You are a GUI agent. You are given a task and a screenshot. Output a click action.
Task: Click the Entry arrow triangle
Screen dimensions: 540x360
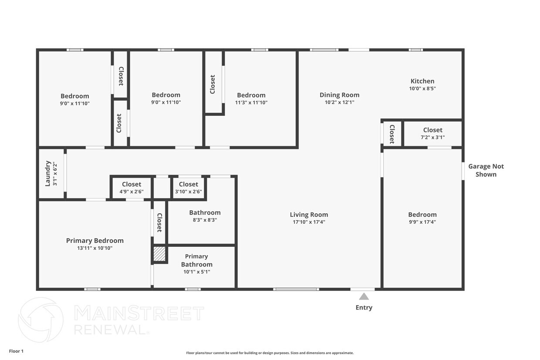click(364, 296)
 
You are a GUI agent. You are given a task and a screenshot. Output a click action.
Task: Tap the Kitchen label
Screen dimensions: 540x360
click(422, 81)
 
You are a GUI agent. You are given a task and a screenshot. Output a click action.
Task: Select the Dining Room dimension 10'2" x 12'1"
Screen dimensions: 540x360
click(339, 102)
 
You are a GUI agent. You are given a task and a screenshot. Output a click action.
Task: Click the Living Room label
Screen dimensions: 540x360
click(309, 215)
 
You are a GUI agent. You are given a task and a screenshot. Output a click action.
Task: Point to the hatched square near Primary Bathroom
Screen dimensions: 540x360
click(159, 254)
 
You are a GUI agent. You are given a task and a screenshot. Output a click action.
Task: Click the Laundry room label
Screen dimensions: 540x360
click(48, 174)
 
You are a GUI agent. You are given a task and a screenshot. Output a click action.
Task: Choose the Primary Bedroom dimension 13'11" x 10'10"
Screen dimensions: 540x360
click(95, 248)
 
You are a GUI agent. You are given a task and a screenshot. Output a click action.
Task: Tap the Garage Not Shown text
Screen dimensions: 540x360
click(486, 170)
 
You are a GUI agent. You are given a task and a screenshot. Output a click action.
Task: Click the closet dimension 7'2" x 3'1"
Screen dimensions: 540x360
click(433, 138)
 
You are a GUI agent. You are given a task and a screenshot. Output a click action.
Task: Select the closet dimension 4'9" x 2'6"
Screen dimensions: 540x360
click(132, 192)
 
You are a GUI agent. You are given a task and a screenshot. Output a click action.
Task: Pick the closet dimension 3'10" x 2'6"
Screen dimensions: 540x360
click(188, 192)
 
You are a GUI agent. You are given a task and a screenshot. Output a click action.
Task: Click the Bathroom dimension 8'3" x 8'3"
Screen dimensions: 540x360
click(205, 220)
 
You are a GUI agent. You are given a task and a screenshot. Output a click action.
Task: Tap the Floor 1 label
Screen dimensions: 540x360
click(16, 351)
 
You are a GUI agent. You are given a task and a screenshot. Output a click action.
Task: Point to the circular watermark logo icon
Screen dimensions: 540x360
click(41, 320)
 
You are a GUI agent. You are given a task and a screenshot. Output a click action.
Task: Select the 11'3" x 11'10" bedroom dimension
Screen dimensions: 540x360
click(251, 102)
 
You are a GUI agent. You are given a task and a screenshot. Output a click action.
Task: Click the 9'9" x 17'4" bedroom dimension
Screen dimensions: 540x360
click(422, 222)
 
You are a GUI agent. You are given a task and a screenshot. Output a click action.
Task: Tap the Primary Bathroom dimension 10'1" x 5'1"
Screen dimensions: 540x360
click(197, 272)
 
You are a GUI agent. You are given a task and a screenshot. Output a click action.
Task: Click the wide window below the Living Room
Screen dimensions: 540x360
click(296, 289)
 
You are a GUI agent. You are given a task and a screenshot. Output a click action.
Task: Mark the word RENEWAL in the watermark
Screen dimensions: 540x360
click(110, 330)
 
